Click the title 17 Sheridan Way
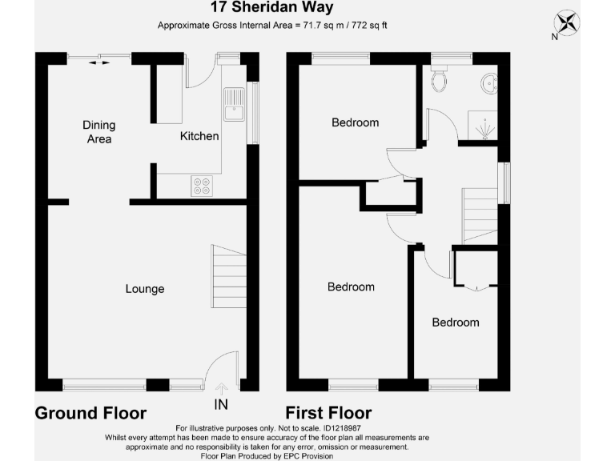point(262,8)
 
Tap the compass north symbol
point(569,22)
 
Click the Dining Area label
point(99,132)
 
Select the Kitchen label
point(199,136)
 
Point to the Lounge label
point(145,289)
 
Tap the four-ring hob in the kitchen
point(202,186)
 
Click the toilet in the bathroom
point(439,78)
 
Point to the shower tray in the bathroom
point(483,125)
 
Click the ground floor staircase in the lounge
point(229,277)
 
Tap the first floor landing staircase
point(480,213)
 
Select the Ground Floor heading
point(90,414)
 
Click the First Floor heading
point(329,414)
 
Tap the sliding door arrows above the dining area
point(100,61)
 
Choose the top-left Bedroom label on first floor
point(356,122)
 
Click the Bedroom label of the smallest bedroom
point(456,322)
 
